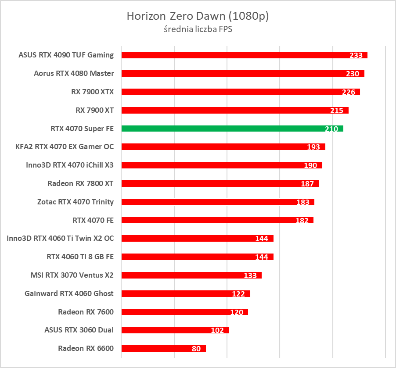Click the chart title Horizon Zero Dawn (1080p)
point(198,16)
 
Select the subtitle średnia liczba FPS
point(198,29)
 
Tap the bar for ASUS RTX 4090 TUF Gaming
point(228,55)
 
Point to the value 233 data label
point(356,55)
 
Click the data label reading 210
point(331,129)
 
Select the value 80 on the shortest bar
point(196,349)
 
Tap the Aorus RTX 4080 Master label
point(74,73)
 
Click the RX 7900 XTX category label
point(92,92)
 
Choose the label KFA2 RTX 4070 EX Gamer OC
point(65,146)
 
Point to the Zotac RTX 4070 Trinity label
point(76,202)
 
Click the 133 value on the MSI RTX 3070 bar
point(250,275)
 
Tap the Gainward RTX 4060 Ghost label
point(69,293)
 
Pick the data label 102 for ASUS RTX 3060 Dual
point(217,331)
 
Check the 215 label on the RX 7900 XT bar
point(337,111)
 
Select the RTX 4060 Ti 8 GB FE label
point(80,257)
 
